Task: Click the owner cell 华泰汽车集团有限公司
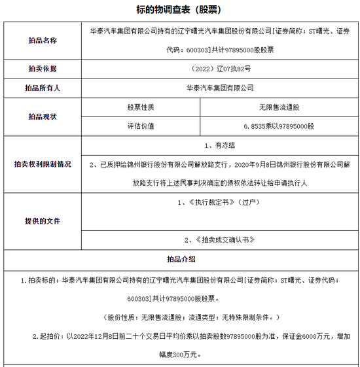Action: click(219, 87)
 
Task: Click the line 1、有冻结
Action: click(219, 147)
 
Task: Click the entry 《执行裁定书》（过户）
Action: click(219, 203)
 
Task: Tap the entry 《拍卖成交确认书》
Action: click(219, 240)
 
